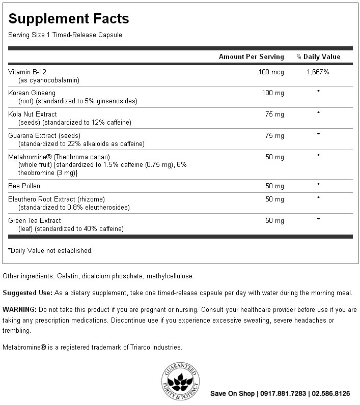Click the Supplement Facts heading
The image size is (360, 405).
tap(68, 19)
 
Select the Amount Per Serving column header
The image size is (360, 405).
tap(252, 56)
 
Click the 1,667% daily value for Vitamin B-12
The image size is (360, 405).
tap(318, 72)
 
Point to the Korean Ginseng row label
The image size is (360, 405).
tap(32, 93)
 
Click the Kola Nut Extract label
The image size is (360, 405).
tap(33, 114)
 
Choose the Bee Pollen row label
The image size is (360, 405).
tap(24, 186)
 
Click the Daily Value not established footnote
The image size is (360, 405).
tap(50, 250)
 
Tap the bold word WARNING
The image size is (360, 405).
tap(19, 309)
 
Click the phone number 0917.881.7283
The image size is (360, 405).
tap(282, 393)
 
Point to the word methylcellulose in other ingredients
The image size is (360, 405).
tap(170, 276)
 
